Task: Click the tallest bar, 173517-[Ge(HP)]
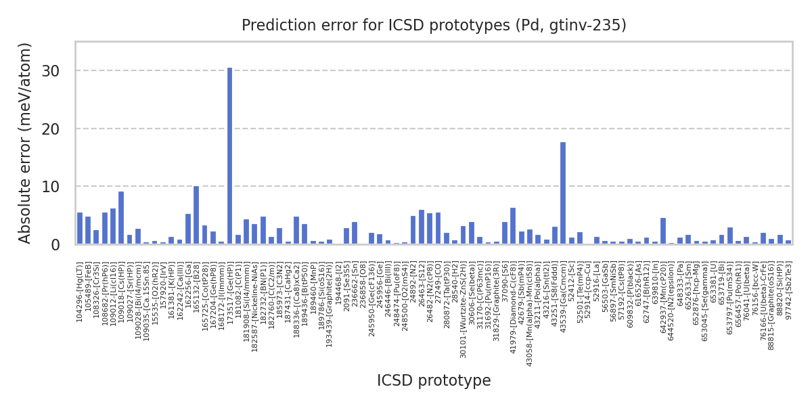coord(229,156)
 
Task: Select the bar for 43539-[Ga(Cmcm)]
coord(563,193)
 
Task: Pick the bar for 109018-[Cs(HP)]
coord(121,217)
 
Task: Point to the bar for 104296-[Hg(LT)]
coord(80,228)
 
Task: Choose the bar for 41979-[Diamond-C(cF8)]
coord(513,225)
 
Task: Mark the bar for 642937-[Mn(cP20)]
coord(663,231)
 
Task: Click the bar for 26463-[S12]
coord(422,227)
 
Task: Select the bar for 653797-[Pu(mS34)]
coord(730,235)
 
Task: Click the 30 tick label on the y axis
coord(60,71)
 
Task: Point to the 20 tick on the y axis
coord(60,129)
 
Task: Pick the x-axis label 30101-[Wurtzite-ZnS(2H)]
coord(464,311)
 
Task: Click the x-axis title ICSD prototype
coord(434,380)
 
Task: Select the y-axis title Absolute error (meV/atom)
coord(26,143)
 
